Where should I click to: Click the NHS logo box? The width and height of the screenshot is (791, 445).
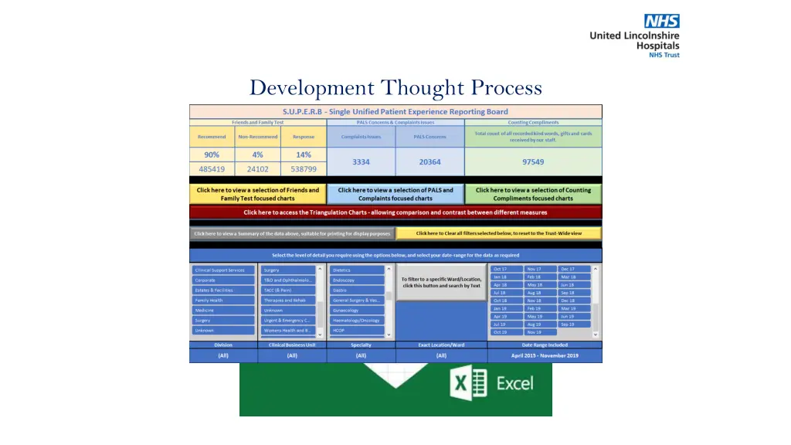coord(661,21)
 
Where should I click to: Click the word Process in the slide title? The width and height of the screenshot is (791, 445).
coord(501,88)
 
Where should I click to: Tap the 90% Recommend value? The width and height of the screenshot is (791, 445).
coord(212,155)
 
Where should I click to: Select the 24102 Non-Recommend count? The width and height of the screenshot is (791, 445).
coord(257,168)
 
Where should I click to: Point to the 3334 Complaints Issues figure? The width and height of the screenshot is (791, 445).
coord(361,161)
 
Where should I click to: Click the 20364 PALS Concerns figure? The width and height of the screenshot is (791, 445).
coord(429,161)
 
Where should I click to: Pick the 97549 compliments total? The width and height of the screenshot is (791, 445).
coord(532,161)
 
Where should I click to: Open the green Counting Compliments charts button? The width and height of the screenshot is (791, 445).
coord(533,194)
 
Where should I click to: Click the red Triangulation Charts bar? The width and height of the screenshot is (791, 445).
coord(395,212)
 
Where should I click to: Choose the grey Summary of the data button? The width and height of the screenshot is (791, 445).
coord(293,233)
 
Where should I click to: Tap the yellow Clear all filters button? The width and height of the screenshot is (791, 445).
coord(498,233)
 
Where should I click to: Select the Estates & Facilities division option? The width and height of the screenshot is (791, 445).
coord(223,290)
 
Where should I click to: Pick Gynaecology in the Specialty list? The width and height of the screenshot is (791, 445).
coord(358,311)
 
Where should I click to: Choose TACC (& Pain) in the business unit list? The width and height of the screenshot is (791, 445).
coord(287,290)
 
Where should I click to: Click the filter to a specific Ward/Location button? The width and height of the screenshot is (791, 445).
coord(441,283)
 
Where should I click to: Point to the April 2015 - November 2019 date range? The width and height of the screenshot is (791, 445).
coord(544,356)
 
